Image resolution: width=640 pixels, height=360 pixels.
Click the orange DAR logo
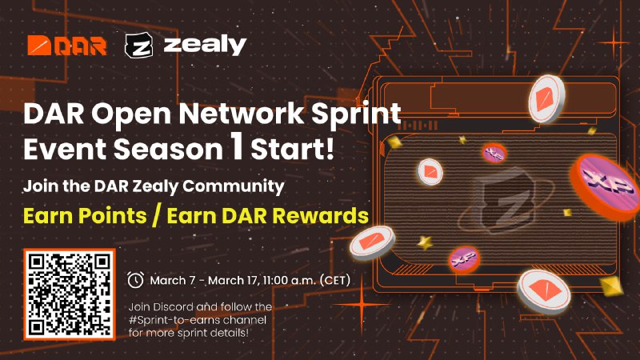point(67,46)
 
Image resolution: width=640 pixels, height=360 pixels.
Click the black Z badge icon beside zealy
point(138,45)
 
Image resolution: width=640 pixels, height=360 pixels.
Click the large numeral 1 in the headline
point(237,146)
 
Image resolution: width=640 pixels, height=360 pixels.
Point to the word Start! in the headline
point(292,149)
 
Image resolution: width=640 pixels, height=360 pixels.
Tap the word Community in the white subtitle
point(234,186)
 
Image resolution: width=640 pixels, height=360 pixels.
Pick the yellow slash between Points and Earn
point(156,215)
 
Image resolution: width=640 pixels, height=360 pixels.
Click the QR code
point(70,294)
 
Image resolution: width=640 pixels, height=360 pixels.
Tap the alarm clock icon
point(135,279)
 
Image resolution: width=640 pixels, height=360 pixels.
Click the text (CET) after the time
point(335,281)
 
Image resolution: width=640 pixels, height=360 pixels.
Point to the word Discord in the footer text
point(174,306)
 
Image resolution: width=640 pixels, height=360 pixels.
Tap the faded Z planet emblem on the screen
point(506,199)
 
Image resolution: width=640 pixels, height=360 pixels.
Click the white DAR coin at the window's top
point(547,99)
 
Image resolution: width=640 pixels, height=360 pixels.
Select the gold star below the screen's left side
point(425,243)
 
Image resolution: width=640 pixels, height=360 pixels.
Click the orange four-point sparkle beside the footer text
point(362,304)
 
